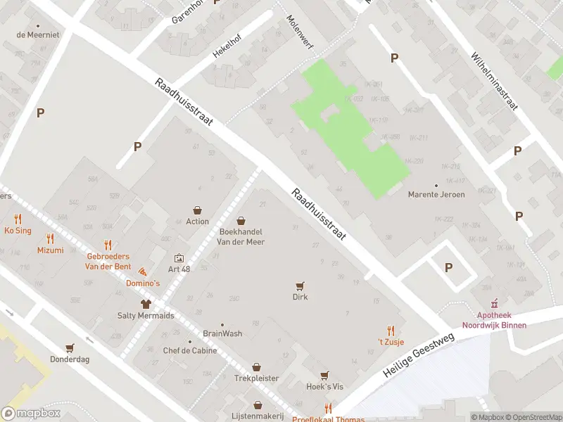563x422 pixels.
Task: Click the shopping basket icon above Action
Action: (198, 210)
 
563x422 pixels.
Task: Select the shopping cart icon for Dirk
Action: (301, 286)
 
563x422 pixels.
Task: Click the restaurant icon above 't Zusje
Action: (391, 330)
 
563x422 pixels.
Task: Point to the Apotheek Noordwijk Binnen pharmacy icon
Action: (493, 304)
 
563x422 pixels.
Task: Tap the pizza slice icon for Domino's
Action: (143, 271)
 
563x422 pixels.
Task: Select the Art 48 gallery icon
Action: (178, 258)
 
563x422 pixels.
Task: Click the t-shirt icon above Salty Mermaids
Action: (146, 304)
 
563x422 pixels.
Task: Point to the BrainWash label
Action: (222, 333)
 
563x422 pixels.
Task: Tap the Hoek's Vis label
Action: (324, 387)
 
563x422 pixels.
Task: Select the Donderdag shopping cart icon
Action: (69, 347)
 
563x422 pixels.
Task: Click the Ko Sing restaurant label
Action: (18, 231)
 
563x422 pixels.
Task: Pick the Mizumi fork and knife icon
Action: (49, 238)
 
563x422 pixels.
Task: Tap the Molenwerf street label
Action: (300, 32)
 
